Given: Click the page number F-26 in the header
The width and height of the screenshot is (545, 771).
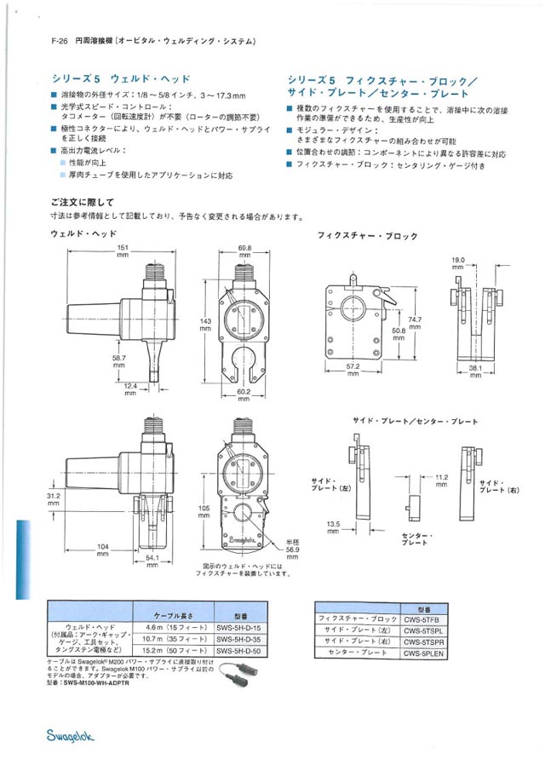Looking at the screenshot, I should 59,41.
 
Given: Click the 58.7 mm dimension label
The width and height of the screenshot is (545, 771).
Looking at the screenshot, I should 119,362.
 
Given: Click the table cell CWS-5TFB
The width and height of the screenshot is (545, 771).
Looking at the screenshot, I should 423,619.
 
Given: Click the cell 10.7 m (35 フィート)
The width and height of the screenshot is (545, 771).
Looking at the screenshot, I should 173,638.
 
